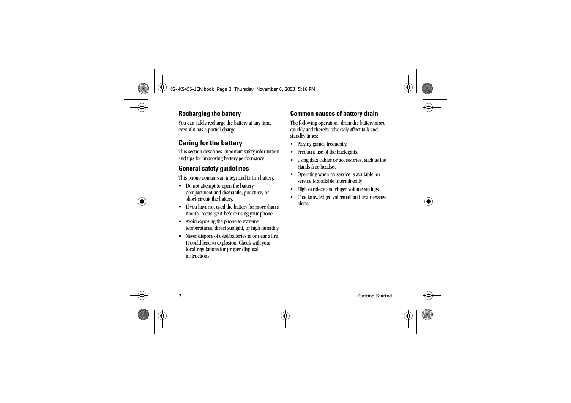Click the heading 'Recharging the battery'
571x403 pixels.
tap(209, 114)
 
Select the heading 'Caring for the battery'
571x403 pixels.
tap(210, 143)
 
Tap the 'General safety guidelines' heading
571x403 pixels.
tap(213, 169)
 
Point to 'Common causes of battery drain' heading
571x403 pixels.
tap(334, 114)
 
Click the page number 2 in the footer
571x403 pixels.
tap(180, 296)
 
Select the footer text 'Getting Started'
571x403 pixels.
tap(375, 296)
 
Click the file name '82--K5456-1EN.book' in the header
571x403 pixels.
tap(192, 90)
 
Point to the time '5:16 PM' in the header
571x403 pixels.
tap(306, 90)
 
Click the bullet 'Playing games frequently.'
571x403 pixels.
tap(322, 144)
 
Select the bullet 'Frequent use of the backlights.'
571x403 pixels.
tap(328, 152)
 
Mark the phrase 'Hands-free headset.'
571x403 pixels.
tap(317, 167)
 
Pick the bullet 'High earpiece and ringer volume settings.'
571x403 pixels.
tap(339, 189)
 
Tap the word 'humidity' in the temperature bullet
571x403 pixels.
tap(270, 228)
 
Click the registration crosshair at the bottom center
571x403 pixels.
tap(285, 315)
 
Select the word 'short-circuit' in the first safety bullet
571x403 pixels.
tap(198, 199)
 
